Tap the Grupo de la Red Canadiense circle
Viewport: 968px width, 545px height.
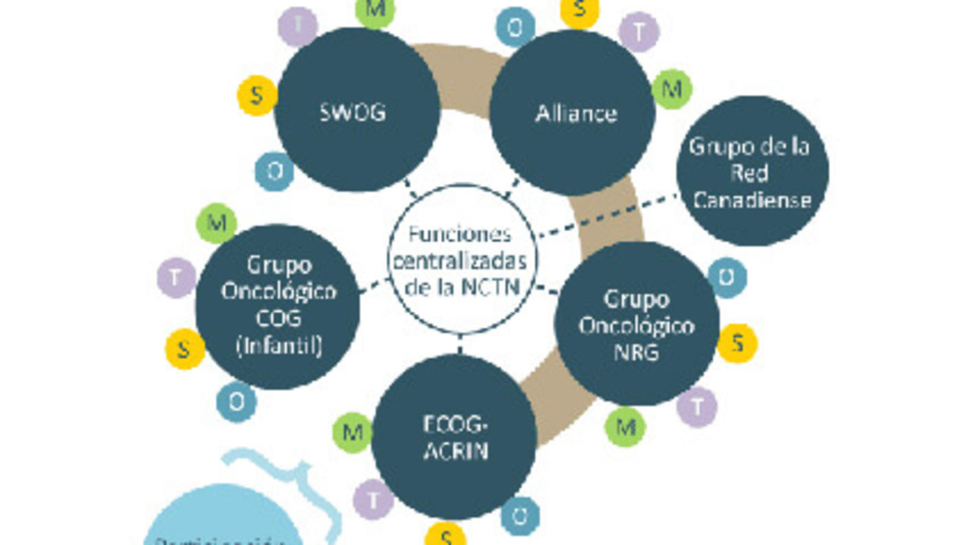click(752, 171)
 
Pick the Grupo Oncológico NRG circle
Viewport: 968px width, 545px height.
click(637, 324)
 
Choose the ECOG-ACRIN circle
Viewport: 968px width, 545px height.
click(454, 437)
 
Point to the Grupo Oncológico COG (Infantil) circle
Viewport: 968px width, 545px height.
click(278, 306)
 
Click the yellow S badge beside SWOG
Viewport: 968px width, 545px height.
click(256, 95)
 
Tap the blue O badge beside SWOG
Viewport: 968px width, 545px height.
click(274, 171)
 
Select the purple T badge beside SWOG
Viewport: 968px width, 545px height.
click(298, 26)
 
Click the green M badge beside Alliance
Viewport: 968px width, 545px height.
click(672, 89)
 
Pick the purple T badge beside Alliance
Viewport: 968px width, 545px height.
click(639, 32)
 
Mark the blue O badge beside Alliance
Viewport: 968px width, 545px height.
click(515, 28)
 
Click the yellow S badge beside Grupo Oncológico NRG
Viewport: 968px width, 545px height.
click(738, 343)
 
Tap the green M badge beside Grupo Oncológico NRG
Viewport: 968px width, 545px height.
click(625, 426)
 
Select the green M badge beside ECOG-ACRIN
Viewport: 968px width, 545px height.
click(352, 433)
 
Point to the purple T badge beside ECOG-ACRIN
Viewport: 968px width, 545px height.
click(373, 499)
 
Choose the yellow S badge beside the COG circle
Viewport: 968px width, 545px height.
click(184, 349)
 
